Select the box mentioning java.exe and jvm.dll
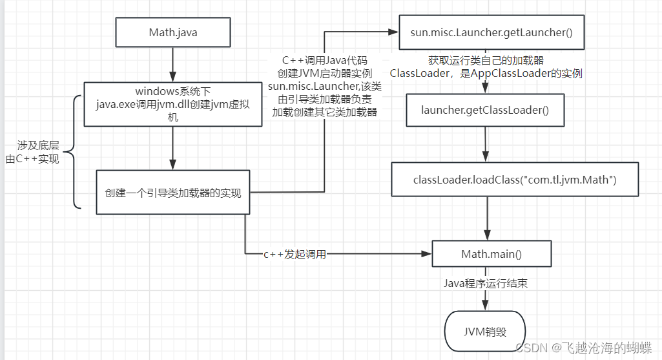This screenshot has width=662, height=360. pyautogui.click(x=172, y=104)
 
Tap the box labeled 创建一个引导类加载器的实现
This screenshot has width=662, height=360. pyautogui.click(x=172, y=192)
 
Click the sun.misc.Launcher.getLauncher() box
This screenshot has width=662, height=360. pyautogui.click(x=491, y=32)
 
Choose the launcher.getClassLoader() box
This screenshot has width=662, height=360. pyautogui.click(x=485, y=110)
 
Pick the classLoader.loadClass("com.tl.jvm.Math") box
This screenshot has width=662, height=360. pyautogui.click(x=515, y=179)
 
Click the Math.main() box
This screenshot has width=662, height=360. pyautogui.click(x=491, y=254)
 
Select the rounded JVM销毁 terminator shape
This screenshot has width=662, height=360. pyautogui.click(x=485, y=332)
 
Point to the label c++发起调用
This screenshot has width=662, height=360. pyautogui.click(x=295, y=255)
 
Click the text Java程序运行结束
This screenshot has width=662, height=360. pyautogui.click(x=485, y=283)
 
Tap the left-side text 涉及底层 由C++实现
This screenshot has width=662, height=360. pyautogui.click(x=34, y=152)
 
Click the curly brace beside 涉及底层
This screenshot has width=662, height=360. pyautogui.click(x=73, y=152)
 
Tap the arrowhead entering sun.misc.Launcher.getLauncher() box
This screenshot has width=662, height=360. pyautogui.click(x=394, y=32)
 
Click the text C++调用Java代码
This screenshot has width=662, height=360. pyautogui.click(x=324, y=60)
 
